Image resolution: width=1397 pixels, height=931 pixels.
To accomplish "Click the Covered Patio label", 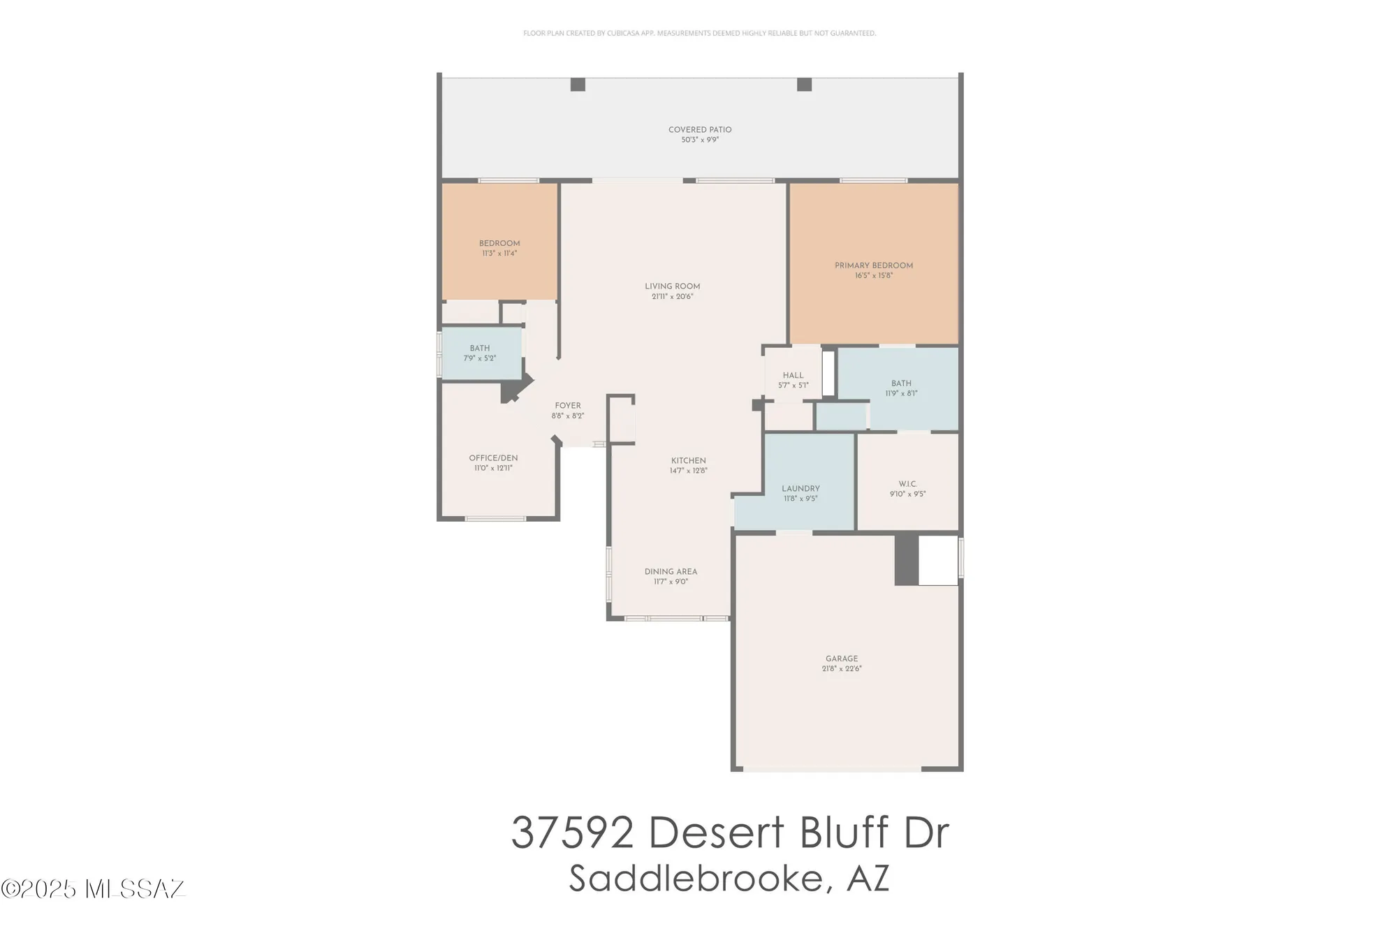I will pos(700,130).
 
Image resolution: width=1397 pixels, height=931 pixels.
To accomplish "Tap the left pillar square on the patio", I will pos(578,85).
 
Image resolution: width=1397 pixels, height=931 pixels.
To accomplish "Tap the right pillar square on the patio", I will pos(804,85).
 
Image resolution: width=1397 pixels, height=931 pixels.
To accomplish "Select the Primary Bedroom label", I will pos(874,265).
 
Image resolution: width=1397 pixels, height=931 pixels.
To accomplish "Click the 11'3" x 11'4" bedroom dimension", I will pos(499,254).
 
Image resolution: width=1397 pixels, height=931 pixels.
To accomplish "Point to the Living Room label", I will pos(672,286).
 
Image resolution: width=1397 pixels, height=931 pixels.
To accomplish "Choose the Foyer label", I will pos(568,406).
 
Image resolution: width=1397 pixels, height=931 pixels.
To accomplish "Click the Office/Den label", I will pos(493,458).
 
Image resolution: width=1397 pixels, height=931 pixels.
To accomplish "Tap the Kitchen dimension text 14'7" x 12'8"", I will pos(689,471).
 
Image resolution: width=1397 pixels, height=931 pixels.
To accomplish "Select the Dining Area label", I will pos(671,571).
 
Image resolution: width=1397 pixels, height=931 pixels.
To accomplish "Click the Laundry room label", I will pos(800,489).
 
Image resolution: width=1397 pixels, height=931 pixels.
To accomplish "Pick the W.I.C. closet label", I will pos(907,484).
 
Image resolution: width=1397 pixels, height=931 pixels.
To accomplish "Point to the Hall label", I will pos(793,376).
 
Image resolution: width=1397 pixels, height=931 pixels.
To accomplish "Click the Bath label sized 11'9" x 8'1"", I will pos(901,383).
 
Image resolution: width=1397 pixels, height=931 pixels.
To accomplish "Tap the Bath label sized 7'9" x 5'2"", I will pos(480,349).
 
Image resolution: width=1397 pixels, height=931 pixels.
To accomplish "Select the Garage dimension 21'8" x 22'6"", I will pos(842,669).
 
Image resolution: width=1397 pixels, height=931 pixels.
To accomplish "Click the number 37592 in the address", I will pos(572,833).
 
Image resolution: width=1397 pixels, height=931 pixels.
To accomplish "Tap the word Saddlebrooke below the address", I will pos(697,879).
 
